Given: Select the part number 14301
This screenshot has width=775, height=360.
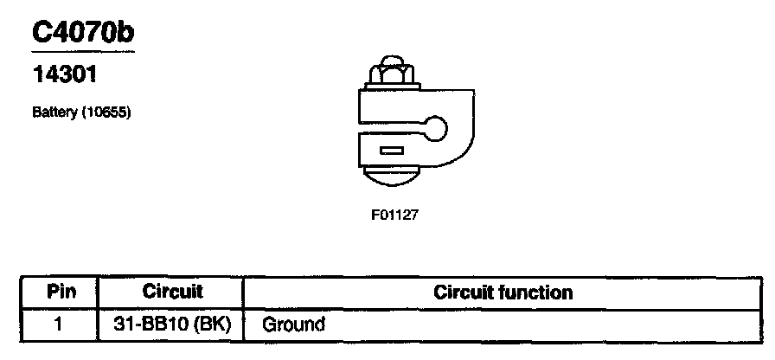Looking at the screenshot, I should click(x=63, y=75).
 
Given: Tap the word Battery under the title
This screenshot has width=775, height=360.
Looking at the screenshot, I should click(x=54, y=112).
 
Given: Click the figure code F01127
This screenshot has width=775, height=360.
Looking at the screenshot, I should click(x=395, y=215).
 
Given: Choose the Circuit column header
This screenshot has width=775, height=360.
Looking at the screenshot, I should click(x=171, y=292).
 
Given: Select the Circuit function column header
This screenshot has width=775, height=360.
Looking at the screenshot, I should click(x=503, y=292).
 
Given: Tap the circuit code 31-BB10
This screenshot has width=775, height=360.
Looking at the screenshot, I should click(x=151, y=325).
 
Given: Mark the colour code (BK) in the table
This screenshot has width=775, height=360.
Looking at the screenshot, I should click(x=211, y=325).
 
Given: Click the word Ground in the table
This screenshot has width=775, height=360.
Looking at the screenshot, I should click(x=293, y=325).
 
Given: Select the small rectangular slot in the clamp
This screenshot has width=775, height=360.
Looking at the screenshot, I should click(x=392, y=151).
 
